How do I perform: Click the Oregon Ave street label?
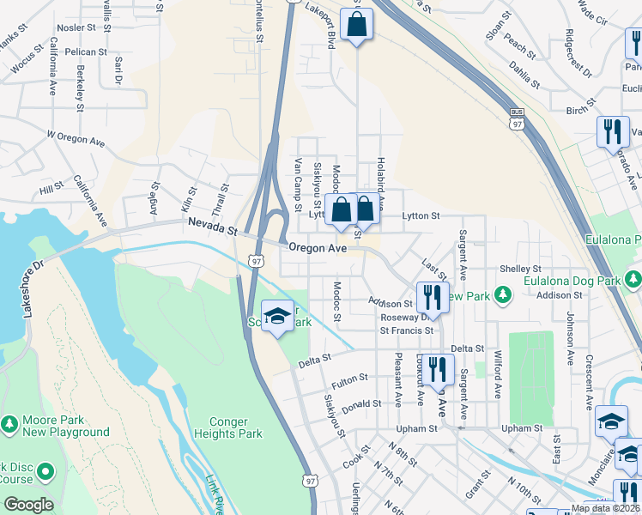[x=318, y=247]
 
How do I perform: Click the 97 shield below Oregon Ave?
[x=256, y=260]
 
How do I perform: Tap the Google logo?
[x=28, y=505]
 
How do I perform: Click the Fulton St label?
[x=350, y=378]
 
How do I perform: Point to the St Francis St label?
[x=406, y=330]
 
